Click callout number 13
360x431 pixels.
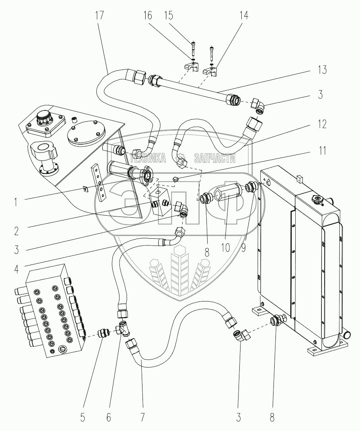322,70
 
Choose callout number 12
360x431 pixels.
322,124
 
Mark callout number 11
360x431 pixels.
322,151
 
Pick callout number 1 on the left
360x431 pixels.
15,202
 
